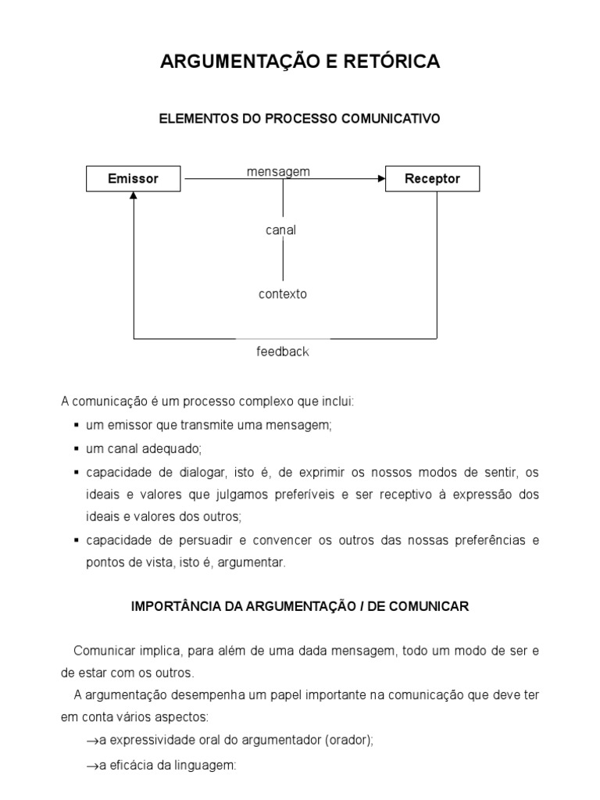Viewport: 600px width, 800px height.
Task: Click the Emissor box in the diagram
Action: [133, 179]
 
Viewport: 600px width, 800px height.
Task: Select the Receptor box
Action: [432, 179]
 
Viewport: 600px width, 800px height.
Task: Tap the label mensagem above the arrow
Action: [278, 171]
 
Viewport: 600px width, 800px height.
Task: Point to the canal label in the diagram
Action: [282, 230]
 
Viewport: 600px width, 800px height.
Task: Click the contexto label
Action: [282, 295]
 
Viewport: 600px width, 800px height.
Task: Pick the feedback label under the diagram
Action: [283, 352]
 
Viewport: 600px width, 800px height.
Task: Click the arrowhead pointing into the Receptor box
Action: [381, 179]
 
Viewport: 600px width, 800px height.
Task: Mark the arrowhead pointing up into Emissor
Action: [134, 197]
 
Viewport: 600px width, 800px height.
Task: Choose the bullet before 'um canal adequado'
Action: [77, 449]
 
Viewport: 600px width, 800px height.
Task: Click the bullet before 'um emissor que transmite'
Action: [77, 426]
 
